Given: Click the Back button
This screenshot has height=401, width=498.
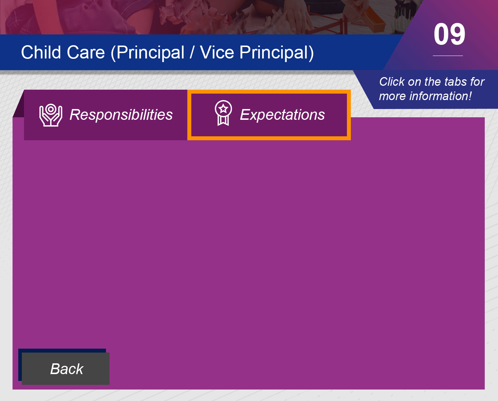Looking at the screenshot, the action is coord(66,368).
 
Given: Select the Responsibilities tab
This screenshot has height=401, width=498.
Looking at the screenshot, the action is coord(106,115).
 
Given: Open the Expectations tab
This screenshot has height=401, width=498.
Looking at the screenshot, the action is coord(269,115).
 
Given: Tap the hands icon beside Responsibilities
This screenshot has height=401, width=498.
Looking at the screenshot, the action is coord(51,115).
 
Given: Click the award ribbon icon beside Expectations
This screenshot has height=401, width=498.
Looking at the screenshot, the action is coord(223,113).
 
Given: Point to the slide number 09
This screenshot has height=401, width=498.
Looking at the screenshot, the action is coord(449,34).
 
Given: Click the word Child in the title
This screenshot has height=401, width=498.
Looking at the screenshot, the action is coord(41,52).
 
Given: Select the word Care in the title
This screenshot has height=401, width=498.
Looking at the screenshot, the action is coord(86,52).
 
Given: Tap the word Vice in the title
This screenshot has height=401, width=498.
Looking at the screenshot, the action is coord(217,52).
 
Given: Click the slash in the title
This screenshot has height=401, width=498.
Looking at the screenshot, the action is coord(192,53).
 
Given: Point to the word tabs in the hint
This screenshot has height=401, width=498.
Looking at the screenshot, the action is coord(458,82).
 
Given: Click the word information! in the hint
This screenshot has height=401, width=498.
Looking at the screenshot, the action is coord(440,96).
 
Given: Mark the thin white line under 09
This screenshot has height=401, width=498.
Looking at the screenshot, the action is coord(448,56).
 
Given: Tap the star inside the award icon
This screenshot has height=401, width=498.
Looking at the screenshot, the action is coord(223,109).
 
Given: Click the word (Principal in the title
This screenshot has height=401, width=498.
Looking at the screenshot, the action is coord(148,53).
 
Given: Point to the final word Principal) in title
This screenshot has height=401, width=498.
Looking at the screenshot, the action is coord(276,53).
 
